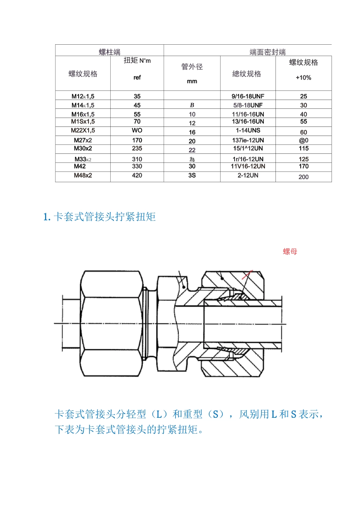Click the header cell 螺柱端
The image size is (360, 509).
click(x=110, y=52)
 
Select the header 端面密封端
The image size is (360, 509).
click(x=267, y=52)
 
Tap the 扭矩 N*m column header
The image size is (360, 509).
click(x=137, y=61)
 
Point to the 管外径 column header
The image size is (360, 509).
click(x=192, y=67)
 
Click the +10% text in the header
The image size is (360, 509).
click(x=303, y=78)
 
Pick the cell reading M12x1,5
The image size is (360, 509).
click(x=83, y=96)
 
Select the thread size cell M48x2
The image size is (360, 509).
click(x=83, y=175)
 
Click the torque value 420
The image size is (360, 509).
click(x=137, y=175)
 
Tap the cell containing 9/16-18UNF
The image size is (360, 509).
click(x=248, y=96)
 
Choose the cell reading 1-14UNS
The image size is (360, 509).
click(x=248, y=130)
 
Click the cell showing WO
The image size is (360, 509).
click(x=137, y=130)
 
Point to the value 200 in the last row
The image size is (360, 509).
click(x=303, y=177)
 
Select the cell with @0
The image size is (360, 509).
click(x=303, y=140)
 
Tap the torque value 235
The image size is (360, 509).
click(x=137, y=148)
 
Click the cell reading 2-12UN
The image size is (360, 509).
click(x=248, y=175)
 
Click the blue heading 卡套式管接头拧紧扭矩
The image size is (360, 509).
click(x=104, y=217)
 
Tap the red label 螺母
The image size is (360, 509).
click(x=290, y=251)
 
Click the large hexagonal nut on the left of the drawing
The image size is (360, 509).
click(x=112, y=324)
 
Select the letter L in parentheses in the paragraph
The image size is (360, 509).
click(x=159, y=414)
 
